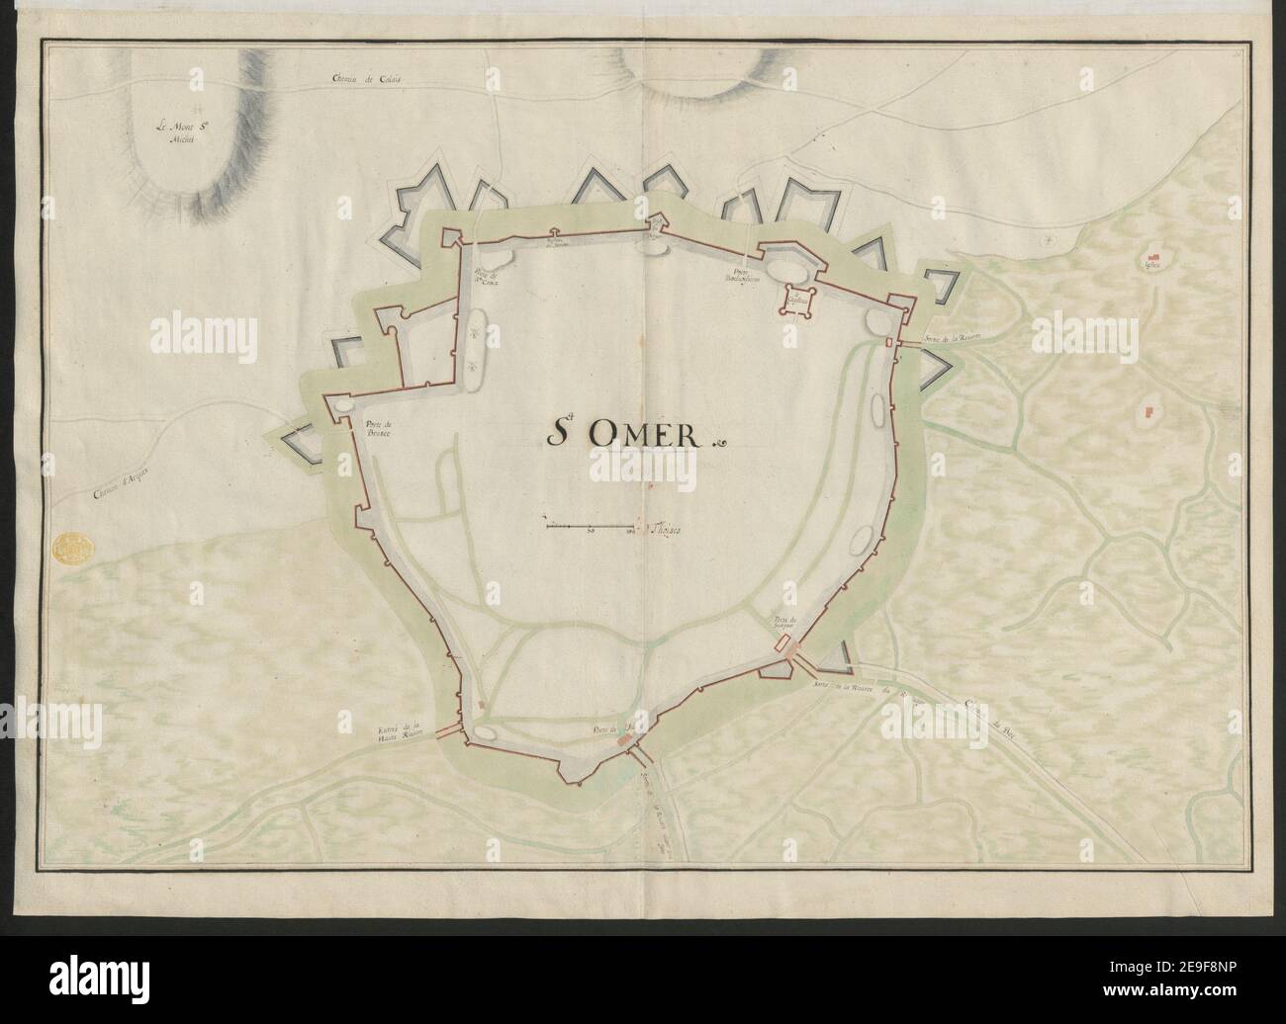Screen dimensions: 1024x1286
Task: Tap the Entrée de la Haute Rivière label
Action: tap(401, 733)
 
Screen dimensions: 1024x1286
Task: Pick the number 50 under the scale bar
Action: tap(591, 534)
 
